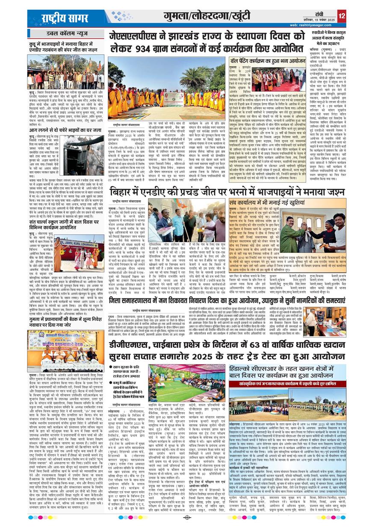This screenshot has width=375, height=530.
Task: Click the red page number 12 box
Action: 341,16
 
